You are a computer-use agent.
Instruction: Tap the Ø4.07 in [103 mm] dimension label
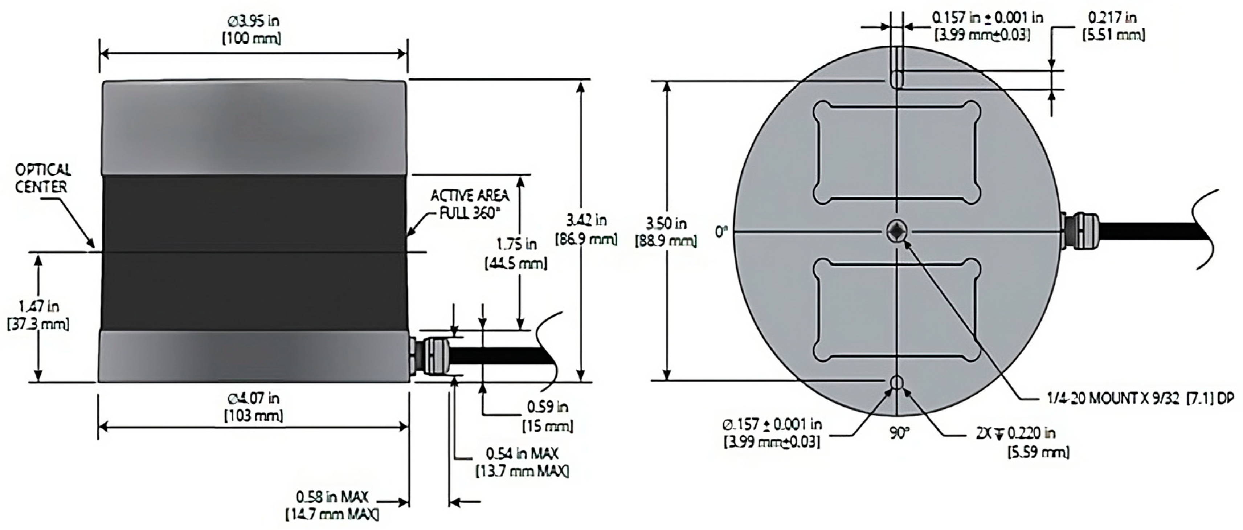[x=253, y=407]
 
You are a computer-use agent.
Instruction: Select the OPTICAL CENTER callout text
[x=42, y=178]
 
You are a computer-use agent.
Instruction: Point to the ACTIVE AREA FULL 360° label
[x=470, y=204]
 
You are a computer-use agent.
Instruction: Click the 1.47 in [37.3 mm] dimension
[x=38, y=315]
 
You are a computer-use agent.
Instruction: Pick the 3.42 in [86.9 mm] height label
[x=586, y=229]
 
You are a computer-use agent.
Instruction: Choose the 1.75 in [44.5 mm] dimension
[x=516, y=254]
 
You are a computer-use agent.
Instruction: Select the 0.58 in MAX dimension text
[x=332, y=505]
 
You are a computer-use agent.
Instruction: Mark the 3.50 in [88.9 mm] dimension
[x=666, y=232]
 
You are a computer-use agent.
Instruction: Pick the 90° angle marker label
[x=899, y=433]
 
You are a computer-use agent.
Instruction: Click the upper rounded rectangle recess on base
[x=896, y=152]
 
